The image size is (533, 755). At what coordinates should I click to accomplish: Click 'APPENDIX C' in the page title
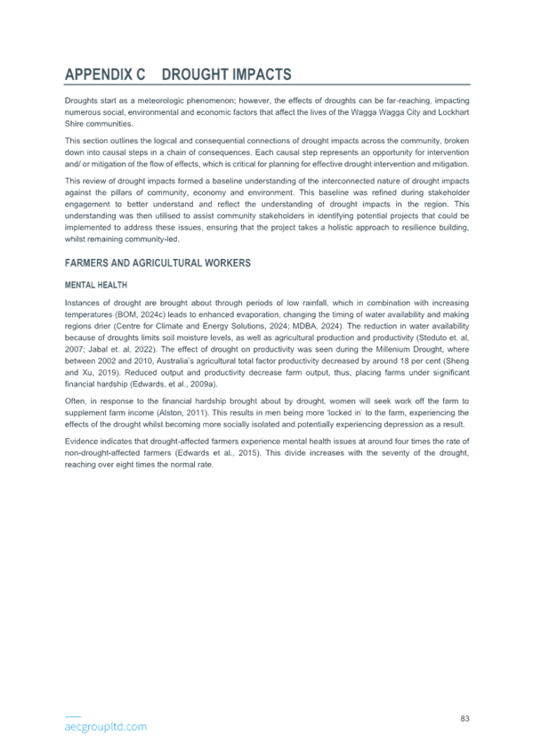[x=105, y=74]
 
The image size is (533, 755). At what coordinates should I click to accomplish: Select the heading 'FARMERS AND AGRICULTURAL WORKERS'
[x=157, y=263]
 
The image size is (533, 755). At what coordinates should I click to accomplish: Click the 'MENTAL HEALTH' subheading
[x=96, y=285]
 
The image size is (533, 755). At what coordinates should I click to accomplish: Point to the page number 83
[x=464, y=718]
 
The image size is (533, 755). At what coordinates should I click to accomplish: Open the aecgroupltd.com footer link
[x=105, y=727]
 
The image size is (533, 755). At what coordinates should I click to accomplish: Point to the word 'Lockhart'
[x=454, y=112]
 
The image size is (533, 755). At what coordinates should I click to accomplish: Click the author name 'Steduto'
[x=430, y=337]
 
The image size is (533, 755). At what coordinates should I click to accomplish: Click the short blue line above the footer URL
[x=73, y=717]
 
